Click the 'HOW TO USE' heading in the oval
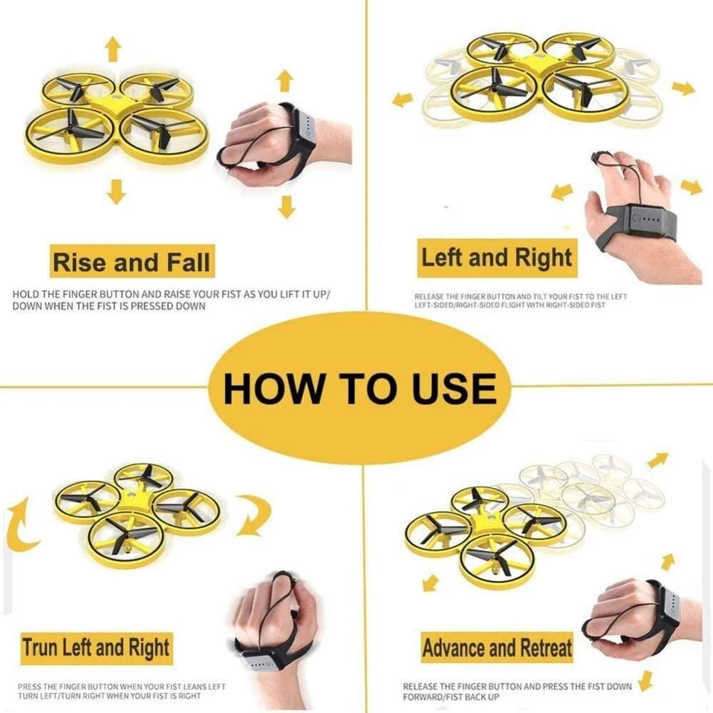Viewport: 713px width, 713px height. [x=360, y=388]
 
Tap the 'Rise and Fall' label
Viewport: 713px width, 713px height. [x=131, y=263]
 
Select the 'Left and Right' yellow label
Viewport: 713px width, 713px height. [x=497, y=258]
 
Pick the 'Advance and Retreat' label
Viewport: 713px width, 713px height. [x=497, y=648]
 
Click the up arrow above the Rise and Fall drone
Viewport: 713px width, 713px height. [x=113, y=49]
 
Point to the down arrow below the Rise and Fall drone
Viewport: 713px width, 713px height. [x=116, y=191]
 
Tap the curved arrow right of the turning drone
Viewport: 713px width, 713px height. [x=253, y=515]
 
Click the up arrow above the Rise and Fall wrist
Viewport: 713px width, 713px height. [x=284, y=79]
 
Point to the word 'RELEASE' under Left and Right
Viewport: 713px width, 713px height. [x=429, y=296]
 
